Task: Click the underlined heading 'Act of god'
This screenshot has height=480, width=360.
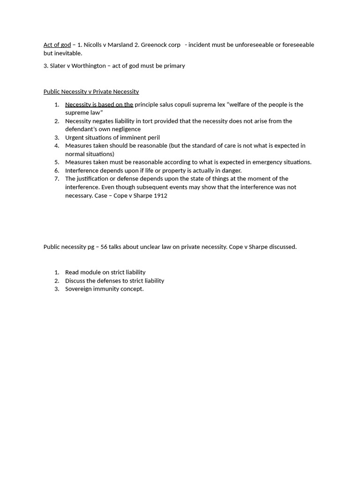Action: pos(57,45)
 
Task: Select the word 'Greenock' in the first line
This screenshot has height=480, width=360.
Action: pos(154,45)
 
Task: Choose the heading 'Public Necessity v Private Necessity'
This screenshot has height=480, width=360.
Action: pos(91,91)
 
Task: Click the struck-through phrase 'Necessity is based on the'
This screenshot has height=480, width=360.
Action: pos(99,105)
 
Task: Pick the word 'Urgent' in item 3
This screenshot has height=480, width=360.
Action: pos(75,137)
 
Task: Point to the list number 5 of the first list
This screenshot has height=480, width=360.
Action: pos(57,162)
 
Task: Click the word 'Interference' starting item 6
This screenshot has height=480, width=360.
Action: pos(82,171)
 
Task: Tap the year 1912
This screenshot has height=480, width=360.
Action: pos(160,195)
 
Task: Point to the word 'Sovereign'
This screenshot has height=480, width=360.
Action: pos(79,289)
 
